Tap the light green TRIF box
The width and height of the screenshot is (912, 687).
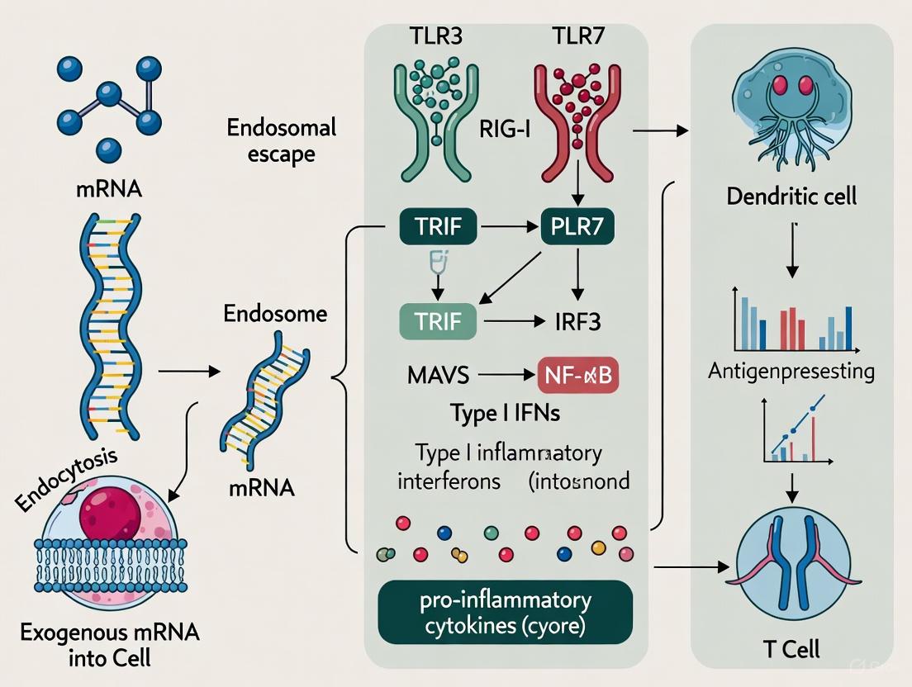(x=438, y=321)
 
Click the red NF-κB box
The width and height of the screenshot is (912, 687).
(x=579, y=376)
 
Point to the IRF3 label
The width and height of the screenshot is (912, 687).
(x=577, y=322)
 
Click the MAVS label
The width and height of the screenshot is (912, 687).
(x=438, y=376)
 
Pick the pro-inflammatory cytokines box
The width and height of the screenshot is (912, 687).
(x=506, y=611)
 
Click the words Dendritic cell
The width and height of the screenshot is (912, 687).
(x=791, y=197)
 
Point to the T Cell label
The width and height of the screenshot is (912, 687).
(x=791, y=648)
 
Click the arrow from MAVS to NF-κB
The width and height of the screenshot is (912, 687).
(x=503, y=376)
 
